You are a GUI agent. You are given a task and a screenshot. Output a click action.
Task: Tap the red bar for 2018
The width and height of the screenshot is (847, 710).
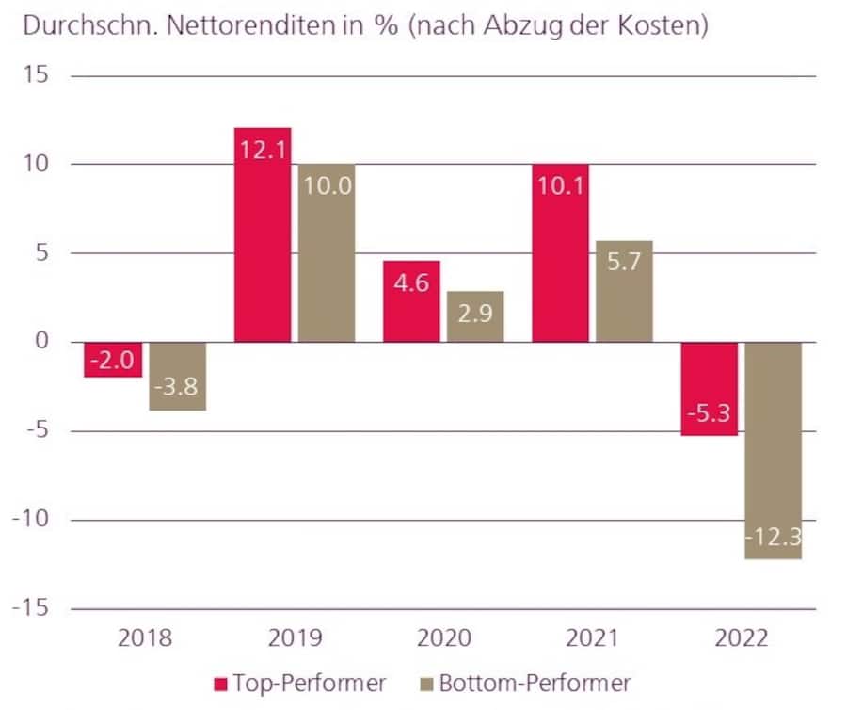point(113,360)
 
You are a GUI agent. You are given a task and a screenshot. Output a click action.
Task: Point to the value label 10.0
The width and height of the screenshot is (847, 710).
point(328,186)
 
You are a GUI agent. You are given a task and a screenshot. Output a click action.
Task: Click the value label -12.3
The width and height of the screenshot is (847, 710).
point(774,538)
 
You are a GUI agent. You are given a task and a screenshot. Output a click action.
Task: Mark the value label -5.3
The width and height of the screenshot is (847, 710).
point(710,412)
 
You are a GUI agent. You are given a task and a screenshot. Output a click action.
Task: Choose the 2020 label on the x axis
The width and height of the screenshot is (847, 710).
point(443,639)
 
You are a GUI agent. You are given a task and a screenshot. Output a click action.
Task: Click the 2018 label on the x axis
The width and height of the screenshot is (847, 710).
point(145,639)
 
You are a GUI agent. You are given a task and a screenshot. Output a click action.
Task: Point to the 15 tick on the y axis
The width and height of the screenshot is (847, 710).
point(35,76)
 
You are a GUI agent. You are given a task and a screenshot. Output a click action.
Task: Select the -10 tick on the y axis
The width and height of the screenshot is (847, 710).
point(28,520)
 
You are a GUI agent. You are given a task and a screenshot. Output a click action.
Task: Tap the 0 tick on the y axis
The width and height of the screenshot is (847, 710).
point(41,343)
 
